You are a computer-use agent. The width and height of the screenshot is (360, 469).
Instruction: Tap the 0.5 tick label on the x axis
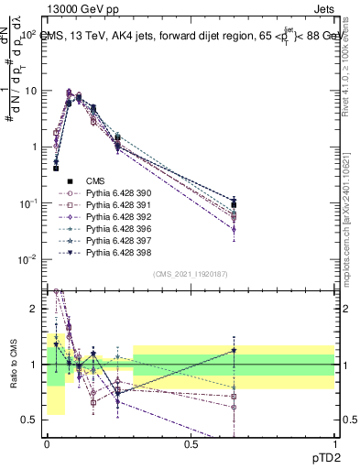[191, 444]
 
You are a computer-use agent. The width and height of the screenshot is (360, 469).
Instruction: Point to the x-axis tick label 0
[47, 444]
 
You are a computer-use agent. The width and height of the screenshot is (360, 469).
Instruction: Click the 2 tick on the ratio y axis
[34, 309]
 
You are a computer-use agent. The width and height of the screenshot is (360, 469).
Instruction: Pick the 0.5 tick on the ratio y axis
[30, 420]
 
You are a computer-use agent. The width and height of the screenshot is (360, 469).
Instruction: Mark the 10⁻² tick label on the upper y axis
[27, 259]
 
